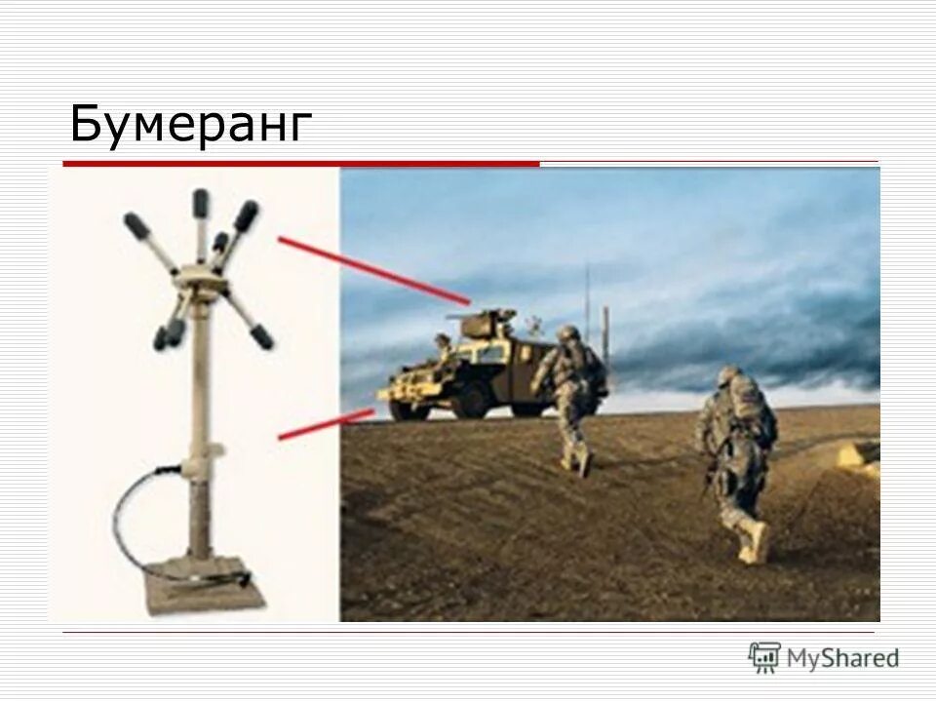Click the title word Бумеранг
coord(191,124)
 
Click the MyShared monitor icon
coord(764,657)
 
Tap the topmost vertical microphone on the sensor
coord(201,205)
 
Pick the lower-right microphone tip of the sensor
coord(260,336)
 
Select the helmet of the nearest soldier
coord(729,376)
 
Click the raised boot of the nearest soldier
coord(753,542)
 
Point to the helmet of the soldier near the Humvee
coord(567,333)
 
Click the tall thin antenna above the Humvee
coord(587,292)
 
